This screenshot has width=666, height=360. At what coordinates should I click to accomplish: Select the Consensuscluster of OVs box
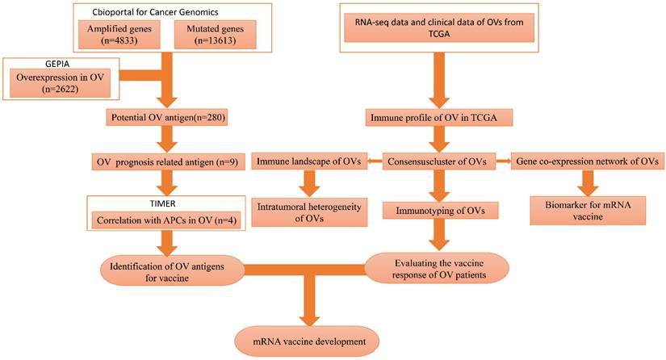pyautogui.click(x=438, y=161)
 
